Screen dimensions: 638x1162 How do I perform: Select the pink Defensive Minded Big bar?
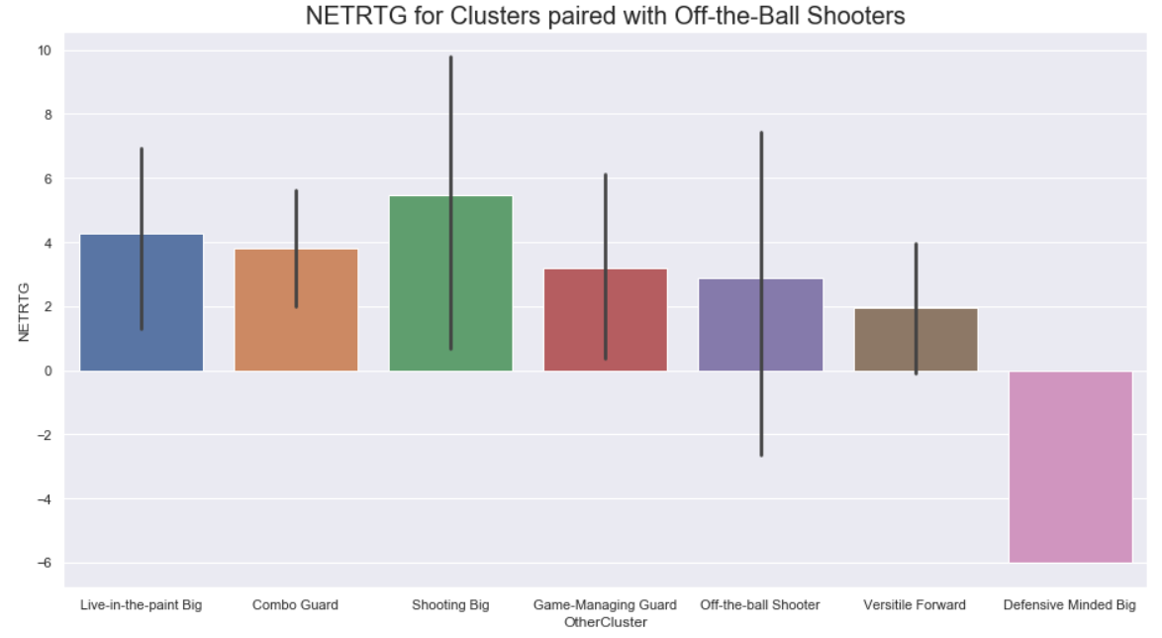click(x=1070, y=467)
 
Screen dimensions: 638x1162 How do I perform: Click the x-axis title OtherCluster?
click(x=605, y=622)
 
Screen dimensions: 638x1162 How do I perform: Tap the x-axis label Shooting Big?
click(x=450, y=604)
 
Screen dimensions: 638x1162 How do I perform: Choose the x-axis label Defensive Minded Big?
click(x=1070, y=604)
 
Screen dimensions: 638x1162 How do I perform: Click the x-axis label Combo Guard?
click(x=295, y=604)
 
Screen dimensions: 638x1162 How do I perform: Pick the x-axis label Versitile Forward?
click(x=915, y=604)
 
